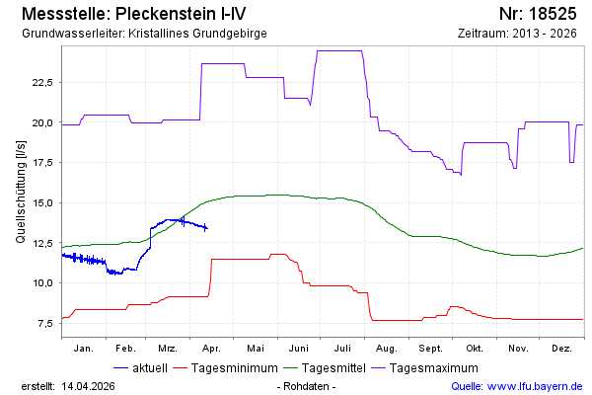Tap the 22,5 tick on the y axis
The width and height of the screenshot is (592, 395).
(x=41, y=82)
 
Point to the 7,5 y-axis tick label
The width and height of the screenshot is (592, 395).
(x=44, y=323)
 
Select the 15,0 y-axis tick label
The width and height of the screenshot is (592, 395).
(x=41, y=202)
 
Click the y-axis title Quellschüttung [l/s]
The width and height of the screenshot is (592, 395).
(x=21, y=194)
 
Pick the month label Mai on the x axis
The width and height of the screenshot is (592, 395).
(x=256, y=349)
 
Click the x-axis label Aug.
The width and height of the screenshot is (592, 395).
(x=387, y=349)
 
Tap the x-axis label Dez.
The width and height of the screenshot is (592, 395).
(x=561, y=349)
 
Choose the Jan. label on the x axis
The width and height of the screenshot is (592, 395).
(x=83, y=349)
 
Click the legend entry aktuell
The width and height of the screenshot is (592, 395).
(x=148, y=367)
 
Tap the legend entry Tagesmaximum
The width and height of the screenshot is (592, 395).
(x=429, y=367)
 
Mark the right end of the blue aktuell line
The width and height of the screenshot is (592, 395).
(x=206, y=228)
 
